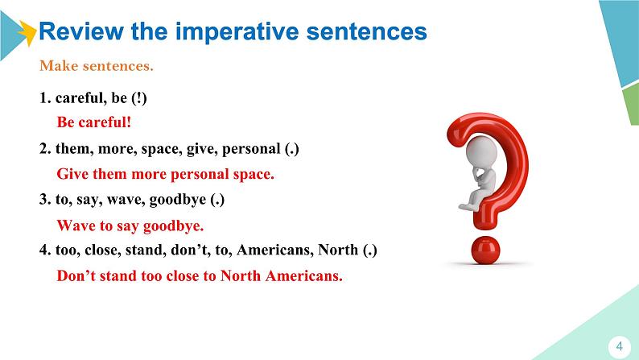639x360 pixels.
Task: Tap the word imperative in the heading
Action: (237, 32)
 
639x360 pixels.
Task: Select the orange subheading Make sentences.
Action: (97, 66)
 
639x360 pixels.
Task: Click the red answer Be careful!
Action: (94, 122)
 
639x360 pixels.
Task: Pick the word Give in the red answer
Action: (72, 174)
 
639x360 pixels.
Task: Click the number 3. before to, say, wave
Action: (45, 200)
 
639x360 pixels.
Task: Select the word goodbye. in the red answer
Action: (173, 226)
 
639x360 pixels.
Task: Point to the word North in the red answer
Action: (241, 275)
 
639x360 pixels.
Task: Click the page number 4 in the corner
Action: (620, 346)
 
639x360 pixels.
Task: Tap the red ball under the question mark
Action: (485, 250)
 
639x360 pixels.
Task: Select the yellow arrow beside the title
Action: (27, 33)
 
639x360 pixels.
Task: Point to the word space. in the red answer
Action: (254, 175)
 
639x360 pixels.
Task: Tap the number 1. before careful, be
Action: (45, 98)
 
